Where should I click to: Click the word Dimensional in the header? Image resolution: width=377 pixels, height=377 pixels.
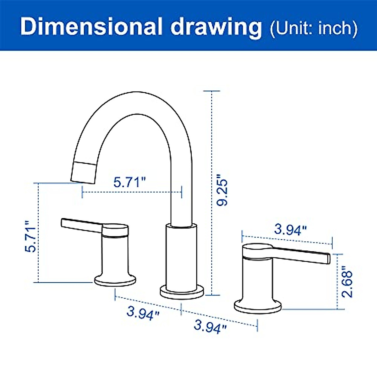91,27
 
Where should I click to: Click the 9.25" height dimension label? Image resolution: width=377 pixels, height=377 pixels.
222,189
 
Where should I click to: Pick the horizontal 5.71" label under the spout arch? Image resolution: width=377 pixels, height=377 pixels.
130,182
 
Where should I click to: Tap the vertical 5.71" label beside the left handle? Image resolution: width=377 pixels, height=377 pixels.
30,237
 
